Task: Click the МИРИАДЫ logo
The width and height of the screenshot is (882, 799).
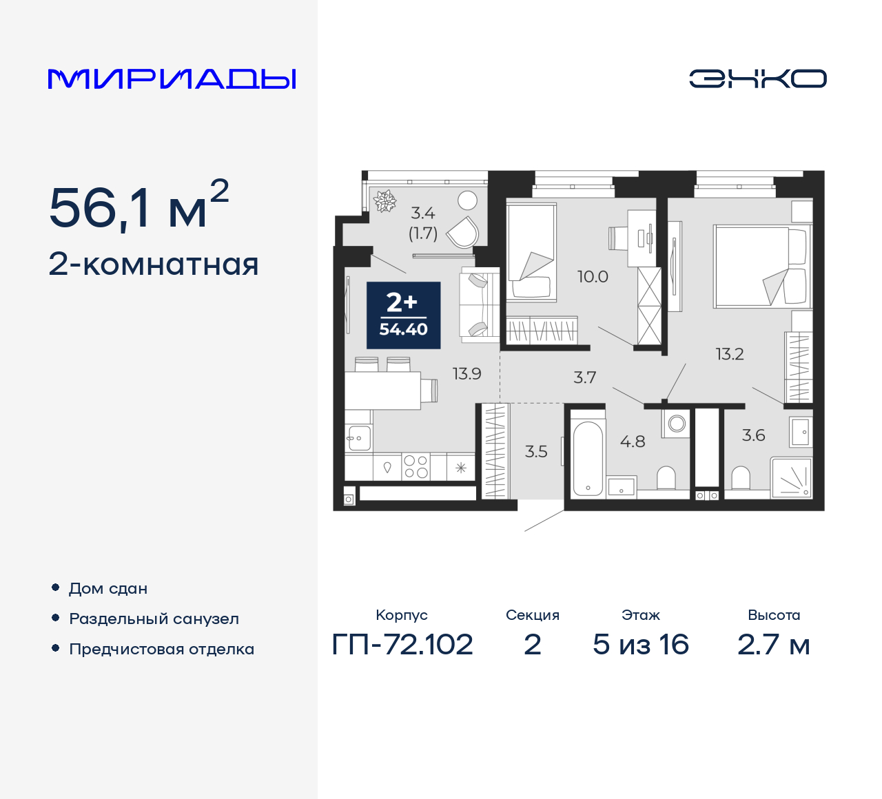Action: pyautogui.click(x=172, y=79)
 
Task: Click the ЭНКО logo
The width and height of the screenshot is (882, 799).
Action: pyautogui.click(x=757, y=79)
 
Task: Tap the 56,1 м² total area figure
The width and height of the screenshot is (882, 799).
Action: pyautogui.click(x=139, y=207)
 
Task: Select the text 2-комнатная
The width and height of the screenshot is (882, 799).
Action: pyautogui.click(x=154, y=264)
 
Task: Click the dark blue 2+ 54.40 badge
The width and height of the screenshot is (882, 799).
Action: pyautogui.click(x=403, y=315)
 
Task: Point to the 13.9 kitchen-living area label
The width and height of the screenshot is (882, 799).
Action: pyautogui.click(x=466, y=374)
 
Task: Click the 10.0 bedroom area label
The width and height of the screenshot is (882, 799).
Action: pyautogui.click(x=593, y=277)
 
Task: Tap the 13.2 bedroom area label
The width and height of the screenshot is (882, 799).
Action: pyautogui.click(x=729, y=354)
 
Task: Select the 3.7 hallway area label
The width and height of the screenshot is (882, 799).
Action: pyautogui.click(x=584, y=377)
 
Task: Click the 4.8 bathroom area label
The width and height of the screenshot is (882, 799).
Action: pyautogui.click(x=632, y=442)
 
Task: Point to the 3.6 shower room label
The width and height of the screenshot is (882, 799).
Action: pyautogui.click(x=753, y=435)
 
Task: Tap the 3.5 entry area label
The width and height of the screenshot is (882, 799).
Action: pyautogui.click(x=536, y=452)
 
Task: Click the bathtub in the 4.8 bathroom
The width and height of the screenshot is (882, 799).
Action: pyautogui.click(x=588, y=457)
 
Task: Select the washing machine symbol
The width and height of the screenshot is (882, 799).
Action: pyautogui.click(x=677, y=423)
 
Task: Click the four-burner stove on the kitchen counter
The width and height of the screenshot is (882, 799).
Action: pyautogui.click(x=416, y=466)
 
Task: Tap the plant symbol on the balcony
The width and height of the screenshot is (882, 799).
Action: pyautogui.click(x=384, y=201)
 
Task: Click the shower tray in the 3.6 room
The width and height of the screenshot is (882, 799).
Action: pyautogui.click(x=791, y=477)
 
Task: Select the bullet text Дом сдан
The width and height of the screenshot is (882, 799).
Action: pyautogui.click(x=108, y=588)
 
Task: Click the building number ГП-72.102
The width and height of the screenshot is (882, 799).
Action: pyautogui.click(x=402, y=645)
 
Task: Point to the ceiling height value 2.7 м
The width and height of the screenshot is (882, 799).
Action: pyautogui.click(x=773, y=645)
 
